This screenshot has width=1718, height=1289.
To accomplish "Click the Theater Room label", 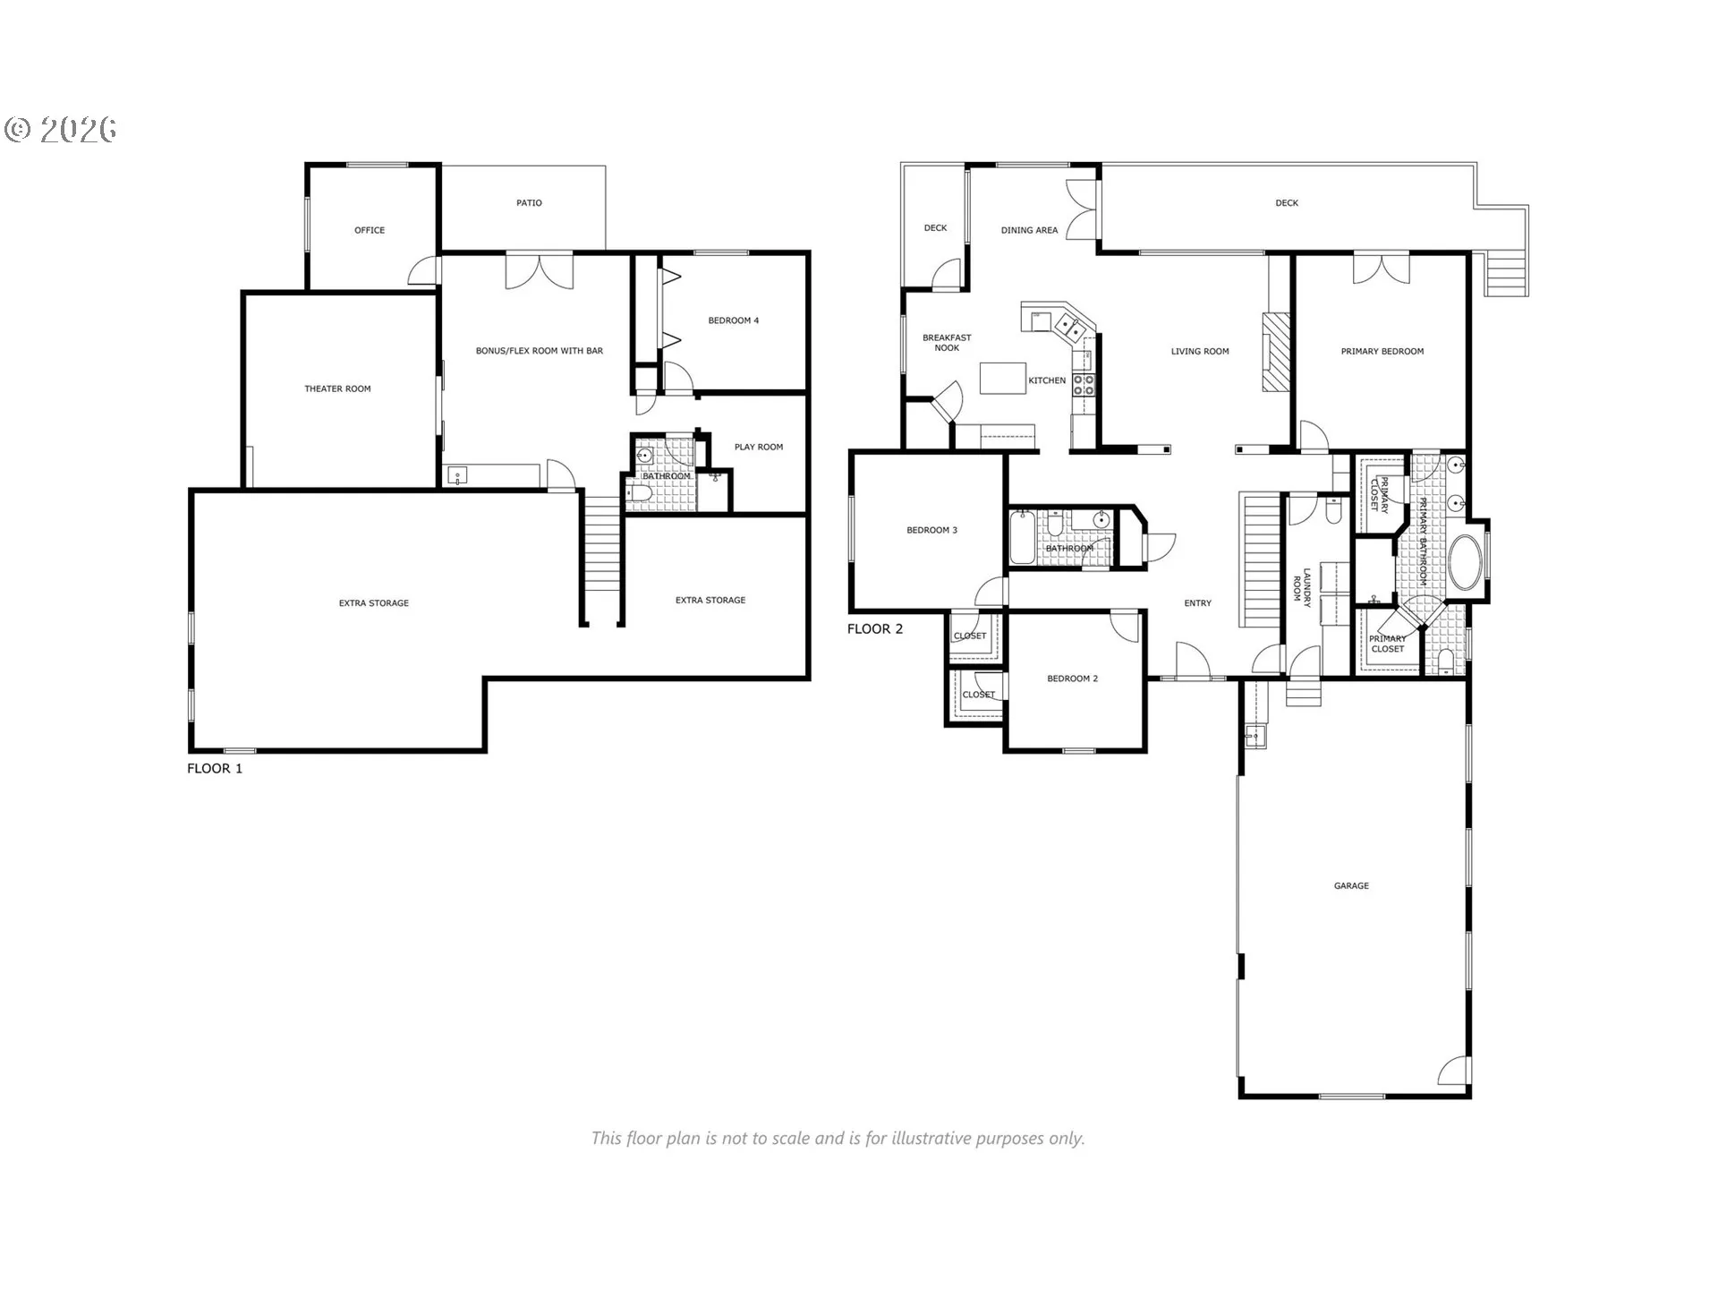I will pos(337,388).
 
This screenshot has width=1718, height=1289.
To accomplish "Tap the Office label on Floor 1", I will pos(370,230).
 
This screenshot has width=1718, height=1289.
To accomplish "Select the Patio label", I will pos(529,203).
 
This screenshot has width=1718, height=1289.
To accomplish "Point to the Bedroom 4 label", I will pos(733,320).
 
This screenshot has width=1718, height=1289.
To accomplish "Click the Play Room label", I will pos(758,447).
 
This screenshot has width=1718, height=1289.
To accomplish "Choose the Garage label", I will pos(1351,885).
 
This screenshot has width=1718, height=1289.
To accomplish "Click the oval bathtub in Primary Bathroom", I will pos(1465,562).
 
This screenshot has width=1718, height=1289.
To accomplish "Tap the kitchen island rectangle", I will pos(1003,378).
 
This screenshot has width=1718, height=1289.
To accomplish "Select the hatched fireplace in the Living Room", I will pos(1277,351).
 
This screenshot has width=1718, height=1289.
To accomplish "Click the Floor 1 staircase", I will pos(602,555).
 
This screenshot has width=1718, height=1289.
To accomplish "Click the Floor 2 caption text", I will pos(875,628).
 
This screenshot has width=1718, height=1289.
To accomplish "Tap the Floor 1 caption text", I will pos(215,768).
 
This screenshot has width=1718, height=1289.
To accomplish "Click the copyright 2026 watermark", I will pos(61,131).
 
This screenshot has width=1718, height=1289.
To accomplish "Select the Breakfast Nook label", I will pos(947,343).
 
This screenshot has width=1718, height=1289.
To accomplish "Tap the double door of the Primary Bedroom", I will pos(1381,269).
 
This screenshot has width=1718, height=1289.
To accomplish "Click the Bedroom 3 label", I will pos(931,530).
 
